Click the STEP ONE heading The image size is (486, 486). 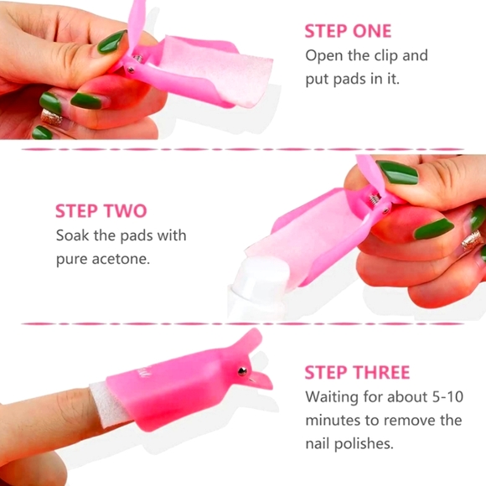(347, 31)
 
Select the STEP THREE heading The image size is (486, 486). (357, 372)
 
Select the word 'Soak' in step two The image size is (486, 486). (73, 235)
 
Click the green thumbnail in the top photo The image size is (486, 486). (111, 42)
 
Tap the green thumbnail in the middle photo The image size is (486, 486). (397, 172)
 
